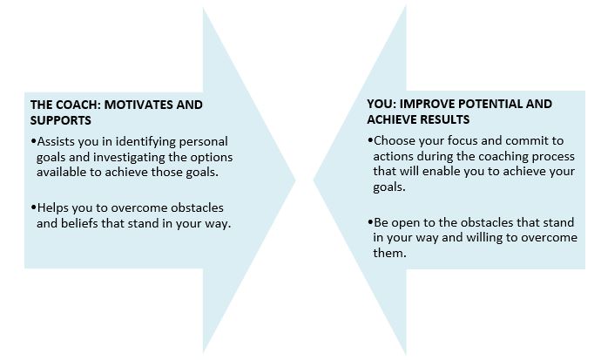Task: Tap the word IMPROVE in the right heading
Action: pos(424,105)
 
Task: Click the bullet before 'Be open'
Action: pos(369,223)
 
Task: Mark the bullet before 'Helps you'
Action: pos(32,207)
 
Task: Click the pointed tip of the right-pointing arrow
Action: pos(295,180)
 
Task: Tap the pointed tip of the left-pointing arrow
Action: pos(314,180)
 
